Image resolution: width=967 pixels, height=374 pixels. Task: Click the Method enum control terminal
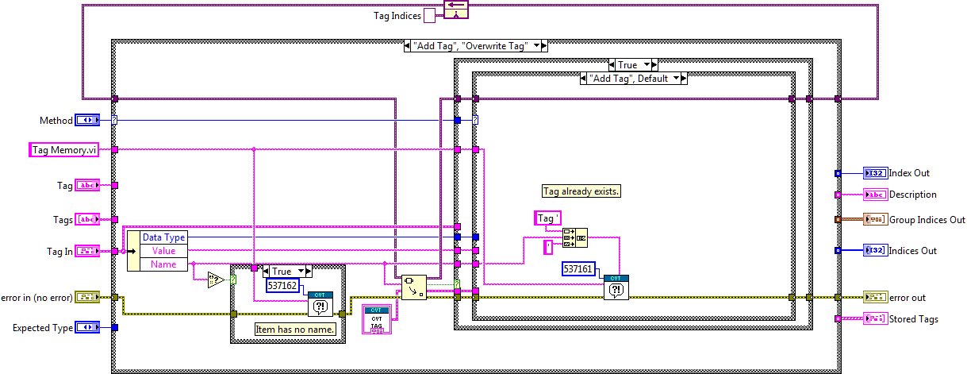click(x=87, y=121)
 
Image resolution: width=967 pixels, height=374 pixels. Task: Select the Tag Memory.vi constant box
click(x=63, y=150)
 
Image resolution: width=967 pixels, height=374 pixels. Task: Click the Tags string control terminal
click(x=87, y=219)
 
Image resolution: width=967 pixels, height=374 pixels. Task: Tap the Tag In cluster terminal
click(x=87, y=252)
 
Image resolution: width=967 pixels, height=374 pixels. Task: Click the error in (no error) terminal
click(x=87, y=298)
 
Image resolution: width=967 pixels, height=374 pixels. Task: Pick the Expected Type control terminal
click(x=87, y=327)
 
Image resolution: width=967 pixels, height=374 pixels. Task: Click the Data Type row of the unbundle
click(x=163, y=237)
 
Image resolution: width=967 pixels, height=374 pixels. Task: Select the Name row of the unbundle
click(x=163, y=264)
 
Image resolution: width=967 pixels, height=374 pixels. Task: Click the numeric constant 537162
click(x=282, y=286)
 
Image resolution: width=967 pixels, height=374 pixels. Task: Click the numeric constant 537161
click(x=578, y=269)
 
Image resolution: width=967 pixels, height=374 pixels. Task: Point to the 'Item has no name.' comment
click(x=294, y=329)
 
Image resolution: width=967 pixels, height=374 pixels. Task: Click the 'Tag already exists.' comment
click(x=581, y=191)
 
